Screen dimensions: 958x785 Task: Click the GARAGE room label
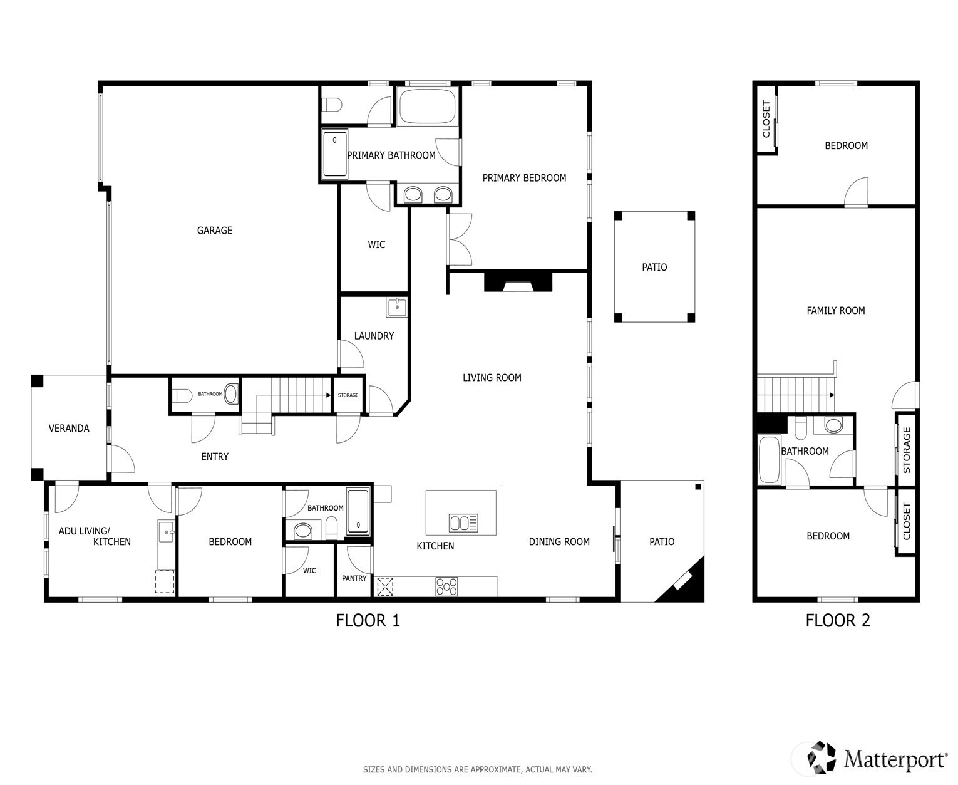(214, 231)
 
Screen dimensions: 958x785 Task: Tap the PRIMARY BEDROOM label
(524, 178)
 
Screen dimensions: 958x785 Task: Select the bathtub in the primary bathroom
(426, 106)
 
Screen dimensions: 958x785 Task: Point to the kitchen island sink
(463, 522)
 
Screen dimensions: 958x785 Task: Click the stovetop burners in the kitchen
(446, 586)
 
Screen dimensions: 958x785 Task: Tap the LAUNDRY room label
(374, 336)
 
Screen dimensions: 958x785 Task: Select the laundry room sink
(396, 307)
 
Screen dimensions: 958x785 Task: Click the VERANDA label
(69, 428)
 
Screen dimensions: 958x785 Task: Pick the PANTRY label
(354, 578)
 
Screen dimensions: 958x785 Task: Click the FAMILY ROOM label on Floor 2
(836, 311)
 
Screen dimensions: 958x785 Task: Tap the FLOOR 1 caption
(368, 620)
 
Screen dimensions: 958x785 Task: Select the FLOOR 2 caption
(838, 620)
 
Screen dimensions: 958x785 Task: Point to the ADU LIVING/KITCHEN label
(95, 536)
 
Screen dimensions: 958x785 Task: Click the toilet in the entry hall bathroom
(183, 395)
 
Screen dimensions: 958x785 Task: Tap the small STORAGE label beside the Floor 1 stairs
(348, 395)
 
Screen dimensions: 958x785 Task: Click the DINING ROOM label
(559, 542)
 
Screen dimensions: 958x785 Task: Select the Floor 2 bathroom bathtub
(769, 459)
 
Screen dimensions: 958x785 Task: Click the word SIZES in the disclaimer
(374, 769)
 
